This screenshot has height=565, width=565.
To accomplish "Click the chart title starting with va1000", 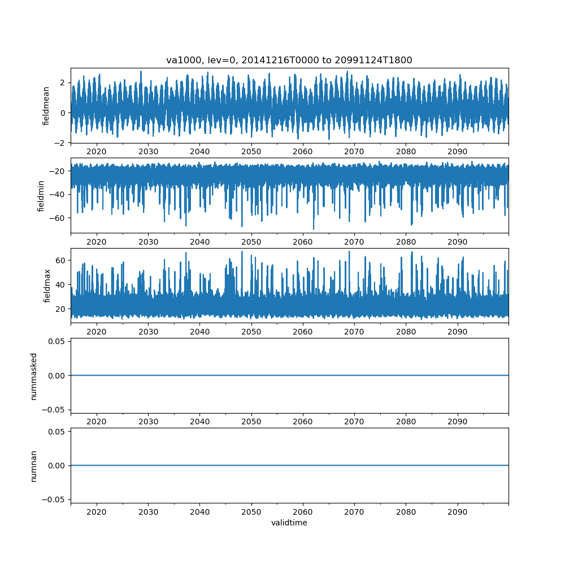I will [x=289, y=60].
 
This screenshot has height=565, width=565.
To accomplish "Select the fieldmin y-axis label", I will [x=41, y=195].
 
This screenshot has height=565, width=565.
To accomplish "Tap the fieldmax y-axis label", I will [x=47, y=286].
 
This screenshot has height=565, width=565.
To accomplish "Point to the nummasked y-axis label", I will [x=34, y=376].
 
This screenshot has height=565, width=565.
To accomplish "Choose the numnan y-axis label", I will [x=34, y=466].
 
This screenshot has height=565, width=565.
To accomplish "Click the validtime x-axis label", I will [x=289, y=523].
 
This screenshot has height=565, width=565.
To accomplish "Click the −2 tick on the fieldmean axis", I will [x=60, y=143].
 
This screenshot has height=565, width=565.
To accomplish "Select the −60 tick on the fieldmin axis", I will [x=58, y=218].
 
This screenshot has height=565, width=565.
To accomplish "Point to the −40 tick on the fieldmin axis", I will [x=58, y=194].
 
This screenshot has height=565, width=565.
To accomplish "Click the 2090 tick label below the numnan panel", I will [x=457, y=512].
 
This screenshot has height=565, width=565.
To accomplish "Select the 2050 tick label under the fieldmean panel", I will [x=251, y=151].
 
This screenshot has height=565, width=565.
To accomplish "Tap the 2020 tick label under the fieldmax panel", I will [x=97, y=332].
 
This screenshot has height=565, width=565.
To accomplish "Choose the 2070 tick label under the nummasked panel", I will [x=354, y=421].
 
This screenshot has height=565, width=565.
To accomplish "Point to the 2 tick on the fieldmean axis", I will [x=63, y=82].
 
